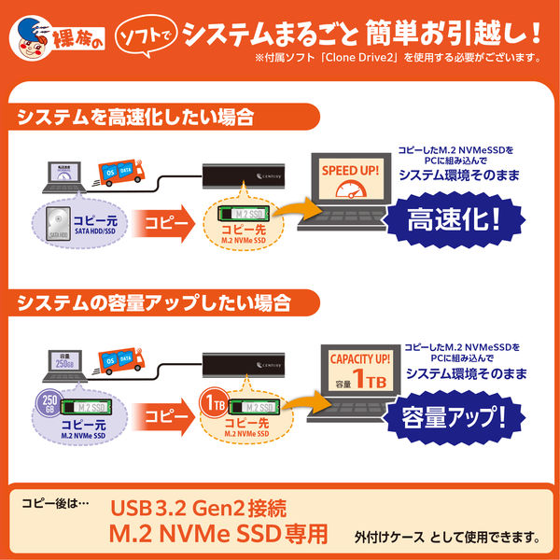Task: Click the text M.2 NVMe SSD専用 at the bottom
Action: tap(220, 536)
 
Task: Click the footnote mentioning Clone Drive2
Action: tap(397, 57)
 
